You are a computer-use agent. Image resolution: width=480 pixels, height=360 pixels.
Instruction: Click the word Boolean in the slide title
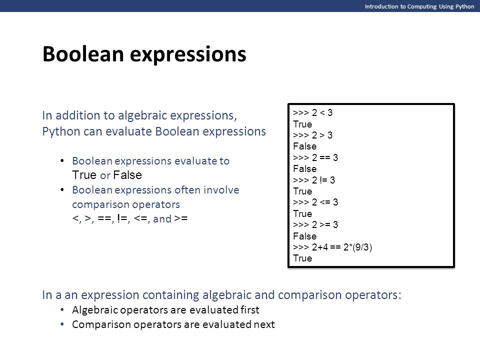coord(83,54)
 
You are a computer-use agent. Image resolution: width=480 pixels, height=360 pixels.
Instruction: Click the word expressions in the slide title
coord(188,55)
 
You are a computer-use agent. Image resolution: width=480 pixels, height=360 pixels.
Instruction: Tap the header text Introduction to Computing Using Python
coord(419,6)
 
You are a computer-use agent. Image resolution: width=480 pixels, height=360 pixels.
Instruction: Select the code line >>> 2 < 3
coord(312,112)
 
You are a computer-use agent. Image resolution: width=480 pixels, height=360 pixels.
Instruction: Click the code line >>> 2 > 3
coord(312,135)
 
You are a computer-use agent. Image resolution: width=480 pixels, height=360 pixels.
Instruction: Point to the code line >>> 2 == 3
coord(315,157)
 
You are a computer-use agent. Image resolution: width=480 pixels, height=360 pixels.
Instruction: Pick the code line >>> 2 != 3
coord(314,180)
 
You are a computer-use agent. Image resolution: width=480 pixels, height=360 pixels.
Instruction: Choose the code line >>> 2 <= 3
coord(315,202)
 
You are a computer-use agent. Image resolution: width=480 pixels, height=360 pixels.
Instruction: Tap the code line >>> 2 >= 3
coord(315,224)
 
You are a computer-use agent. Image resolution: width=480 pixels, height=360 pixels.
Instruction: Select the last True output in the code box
coord(302,258)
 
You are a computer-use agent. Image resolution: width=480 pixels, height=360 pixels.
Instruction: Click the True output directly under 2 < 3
coord(302,124)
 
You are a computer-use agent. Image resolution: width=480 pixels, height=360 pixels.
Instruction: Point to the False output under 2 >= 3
coord(304,236)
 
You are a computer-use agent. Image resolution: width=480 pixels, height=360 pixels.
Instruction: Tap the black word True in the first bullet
coord(84,175)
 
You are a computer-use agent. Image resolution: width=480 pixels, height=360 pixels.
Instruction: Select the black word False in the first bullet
coord(127,175)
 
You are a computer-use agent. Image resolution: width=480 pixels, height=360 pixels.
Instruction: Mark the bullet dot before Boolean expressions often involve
coord(62,190)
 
